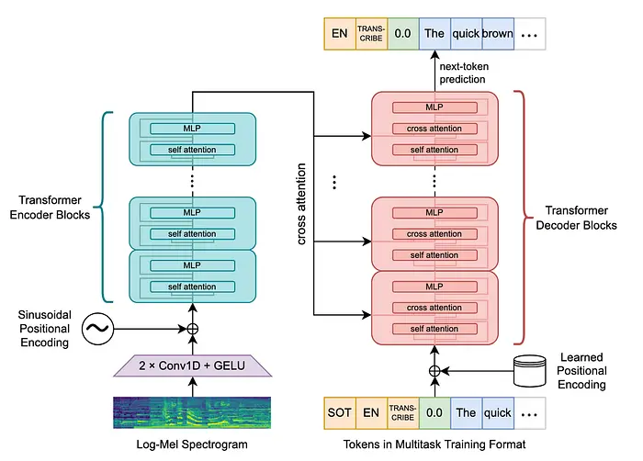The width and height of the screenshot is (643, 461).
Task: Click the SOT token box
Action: tap(338, 412)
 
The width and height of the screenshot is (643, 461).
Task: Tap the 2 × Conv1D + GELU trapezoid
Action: tap(194, 367)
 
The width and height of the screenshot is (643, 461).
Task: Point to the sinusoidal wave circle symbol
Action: tap(99, 328)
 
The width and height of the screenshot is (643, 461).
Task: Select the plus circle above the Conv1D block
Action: tap(193, 328)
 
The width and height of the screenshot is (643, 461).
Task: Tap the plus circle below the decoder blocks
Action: tap(434, 371)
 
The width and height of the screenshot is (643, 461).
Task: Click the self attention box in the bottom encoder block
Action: tap(193, 286)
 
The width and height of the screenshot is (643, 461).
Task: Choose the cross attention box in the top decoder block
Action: tap(434, 127)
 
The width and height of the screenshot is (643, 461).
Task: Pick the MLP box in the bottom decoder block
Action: tap(434, 286)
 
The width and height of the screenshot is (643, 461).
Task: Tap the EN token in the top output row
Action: tap(338, 35)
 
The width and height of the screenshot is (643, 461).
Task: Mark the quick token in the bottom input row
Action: tap(498, 412)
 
